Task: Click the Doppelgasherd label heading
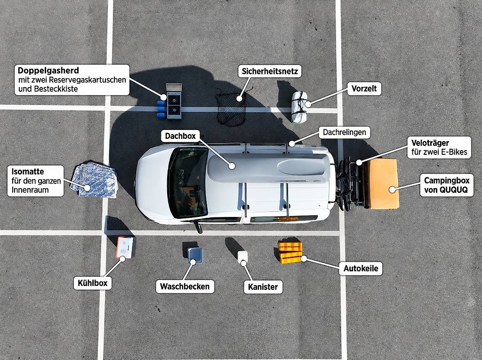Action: (48, 71)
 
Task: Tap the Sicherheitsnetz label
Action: (270, 72)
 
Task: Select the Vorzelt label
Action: (364, 88)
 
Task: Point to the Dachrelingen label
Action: (344, 133)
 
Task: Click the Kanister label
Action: (263, 287)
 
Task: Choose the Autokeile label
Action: (361, 268)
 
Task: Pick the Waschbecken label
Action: (185, 287)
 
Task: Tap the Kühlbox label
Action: (92, 283)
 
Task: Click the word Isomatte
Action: (28, 172)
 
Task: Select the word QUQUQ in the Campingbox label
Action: (453, 190)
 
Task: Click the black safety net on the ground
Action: (231, 109)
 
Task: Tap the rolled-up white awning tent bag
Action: (299, 106)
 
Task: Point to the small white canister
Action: (242, 257)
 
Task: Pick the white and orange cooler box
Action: (125, 247)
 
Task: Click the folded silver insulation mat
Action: (94, 180)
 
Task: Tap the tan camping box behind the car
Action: (382, 184)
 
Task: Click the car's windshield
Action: (188, 183)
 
